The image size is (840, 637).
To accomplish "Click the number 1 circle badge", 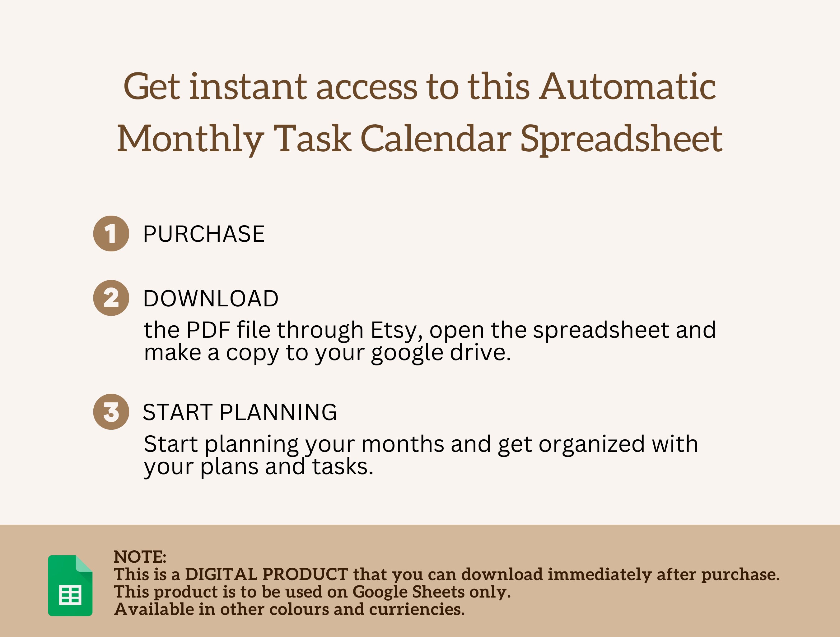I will [x=111, y=233].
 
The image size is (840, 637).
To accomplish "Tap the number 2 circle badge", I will [x=111, y=298].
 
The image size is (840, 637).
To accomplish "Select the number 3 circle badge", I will [x=111, y=412].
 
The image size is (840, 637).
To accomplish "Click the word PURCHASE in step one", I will [x=203, y=234].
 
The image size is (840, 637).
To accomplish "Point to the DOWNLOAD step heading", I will [x=211, y=298].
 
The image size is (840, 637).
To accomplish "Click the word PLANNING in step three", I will [x=278, y=412].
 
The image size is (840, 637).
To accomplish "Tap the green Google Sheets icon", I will [x=70, y=585].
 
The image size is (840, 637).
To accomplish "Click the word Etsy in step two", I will [x=396, y=330].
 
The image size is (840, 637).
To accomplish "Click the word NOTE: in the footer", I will [x=140, y=557].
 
